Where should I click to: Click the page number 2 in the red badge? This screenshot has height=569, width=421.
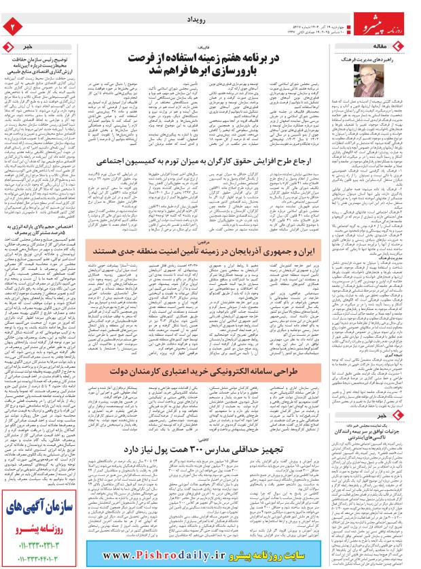tap(12, 25)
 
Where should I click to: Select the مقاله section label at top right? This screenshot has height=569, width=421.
tap(396, 46)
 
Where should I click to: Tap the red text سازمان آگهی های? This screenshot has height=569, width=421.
tap(42, 507)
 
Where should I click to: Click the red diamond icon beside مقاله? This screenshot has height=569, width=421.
tap(413, 46)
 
